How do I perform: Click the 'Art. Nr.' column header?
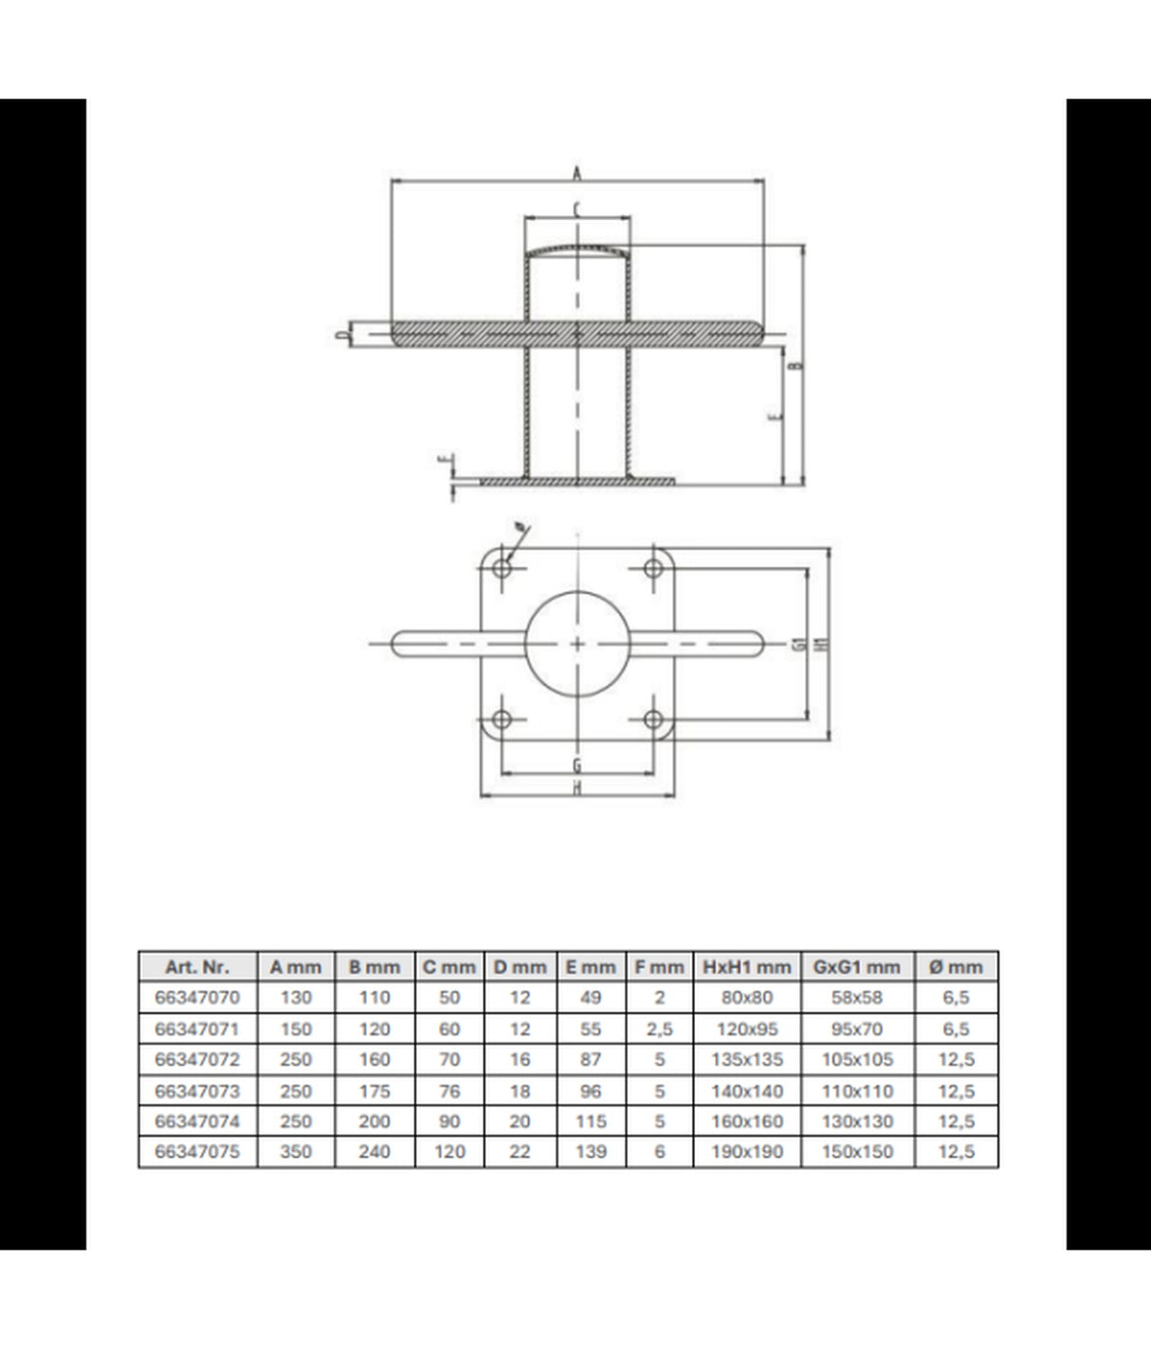point(197,967)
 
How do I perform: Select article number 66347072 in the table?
point(197,1059)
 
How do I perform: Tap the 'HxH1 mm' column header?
point(747,967)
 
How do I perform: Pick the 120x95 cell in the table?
point(747,1029)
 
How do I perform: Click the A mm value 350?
point(296,1152)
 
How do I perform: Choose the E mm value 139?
point(590,1152)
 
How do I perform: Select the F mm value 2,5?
point(659,1029)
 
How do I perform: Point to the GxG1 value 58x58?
point(857,997)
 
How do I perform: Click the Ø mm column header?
point(956,967)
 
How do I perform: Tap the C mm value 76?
point(449,1090)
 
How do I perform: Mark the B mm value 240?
point(375,1152)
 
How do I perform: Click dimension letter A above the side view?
point(576,173)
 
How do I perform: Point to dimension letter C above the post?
point(576,209)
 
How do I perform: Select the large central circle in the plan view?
point(576,644)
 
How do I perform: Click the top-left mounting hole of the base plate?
point(502,569)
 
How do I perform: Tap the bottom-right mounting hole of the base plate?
point(653,720)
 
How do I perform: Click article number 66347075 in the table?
point(197,1152)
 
